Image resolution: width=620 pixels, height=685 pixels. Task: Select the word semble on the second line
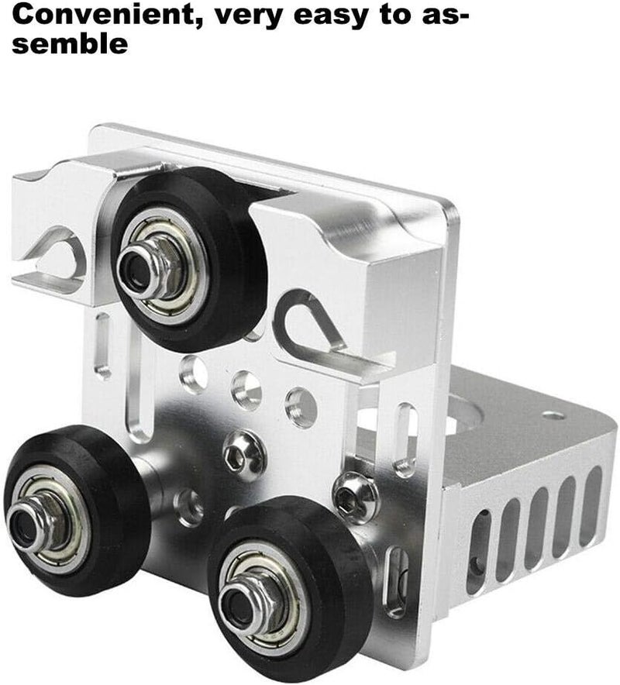71,44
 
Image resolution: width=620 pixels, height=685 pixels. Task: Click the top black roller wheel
189,260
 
